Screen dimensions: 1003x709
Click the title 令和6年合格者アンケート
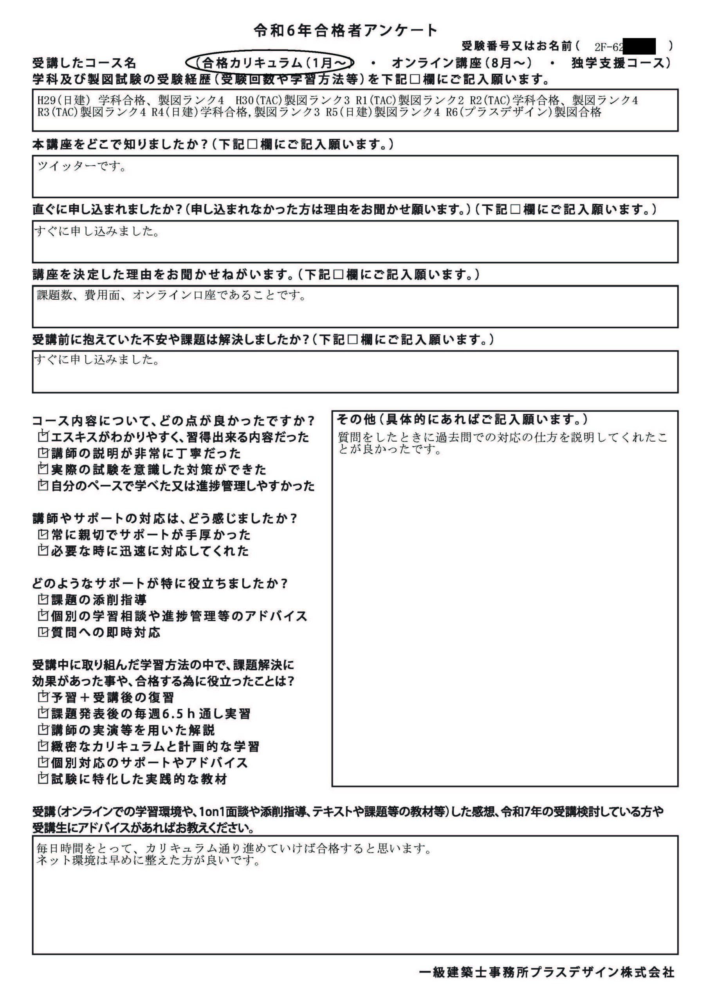[x=345, y=31]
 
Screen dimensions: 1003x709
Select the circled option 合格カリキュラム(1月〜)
[x=269, y=63]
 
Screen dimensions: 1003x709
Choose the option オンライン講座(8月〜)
[x=462, y=63]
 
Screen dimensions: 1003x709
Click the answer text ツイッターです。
[x=82, y=167]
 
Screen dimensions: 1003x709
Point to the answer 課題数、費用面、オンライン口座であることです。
[x=171, y=296]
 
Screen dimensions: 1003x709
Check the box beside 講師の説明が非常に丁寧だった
[x=43, y=453]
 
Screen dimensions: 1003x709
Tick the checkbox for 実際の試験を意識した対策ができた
[x=43, y=469]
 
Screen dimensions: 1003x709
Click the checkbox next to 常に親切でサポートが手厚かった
[x=43, y=534]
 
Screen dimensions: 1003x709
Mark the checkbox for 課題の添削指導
[x=43, y=599]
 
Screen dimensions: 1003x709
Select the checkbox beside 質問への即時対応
[x=43, y=632]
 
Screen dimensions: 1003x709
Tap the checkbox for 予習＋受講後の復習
[x=43, y=696]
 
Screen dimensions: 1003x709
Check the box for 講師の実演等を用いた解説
[x=43, y=730]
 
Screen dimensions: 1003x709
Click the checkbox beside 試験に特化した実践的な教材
[x=43, y=779]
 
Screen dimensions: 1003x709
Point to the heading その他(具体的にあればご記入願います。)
[x=462, y=420]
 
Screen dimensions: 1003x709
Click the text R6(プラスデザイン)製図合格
[x=523, y=112]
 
